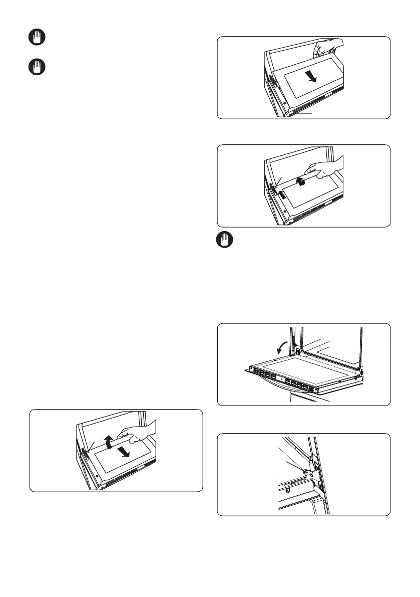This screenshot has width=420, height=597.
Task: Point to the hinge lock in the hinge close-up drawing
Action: click(x=309, y=471)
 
